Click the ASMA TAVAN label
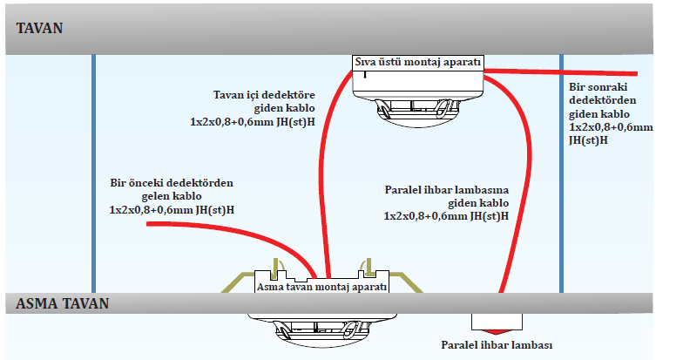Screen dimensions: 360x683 tap(62, 303)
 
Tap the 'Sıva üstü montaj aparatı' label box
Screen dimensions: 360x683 tap(417, 62)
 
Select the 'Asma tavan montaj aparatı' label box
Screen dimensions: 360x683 tap(322, 285)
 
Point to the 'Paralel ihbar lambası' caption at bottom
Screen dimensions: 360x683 tap(497, 344)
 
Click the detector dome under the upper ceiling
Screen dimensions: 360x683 tap(416, 113)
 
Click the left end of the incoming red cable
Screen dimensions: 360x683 tap(151, 224)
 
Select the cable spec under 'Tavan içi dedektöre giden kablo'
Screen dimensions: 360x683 tap(252, 122)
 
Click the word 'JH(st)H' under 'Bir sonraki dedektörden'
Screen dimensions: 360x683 tap(589, 139)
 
